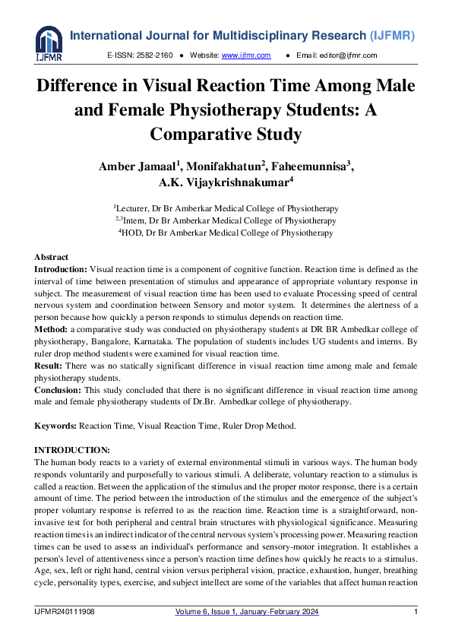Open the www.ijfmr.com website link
[x=246, y=55]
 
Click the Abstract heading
[x=52, y=257]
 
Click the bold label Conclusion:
[x=58, y=390]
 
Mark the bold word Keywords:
[x=55, y=426]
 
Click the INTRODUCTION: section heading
[x=72, y=450]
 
